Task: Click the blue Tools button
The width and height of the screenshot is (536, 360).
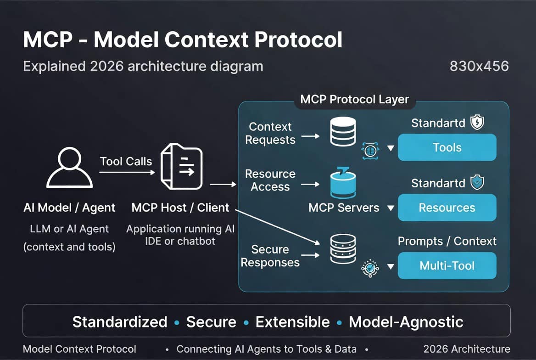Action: point(447,147)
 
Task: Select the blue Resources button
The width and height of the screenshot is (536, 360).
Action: point(447,208)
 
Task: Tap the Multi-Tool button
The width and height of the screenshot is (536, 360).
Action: point(447,265)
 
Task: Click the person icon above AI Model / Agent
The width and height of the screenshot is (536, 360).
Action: point(69,167)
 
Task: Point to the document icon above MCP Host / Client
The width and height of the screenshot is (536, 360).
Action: point(182,166)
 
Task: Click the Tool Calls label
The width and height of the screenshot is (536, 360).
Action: point(126,161)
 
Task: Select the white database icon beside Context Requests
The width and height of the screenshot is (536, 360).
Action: point(343,131)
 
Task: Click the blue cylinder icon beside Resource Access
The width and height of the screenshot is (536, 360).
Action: point(343,183)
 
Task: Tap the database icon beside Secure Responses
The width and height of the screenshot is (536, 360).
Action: point(343,249)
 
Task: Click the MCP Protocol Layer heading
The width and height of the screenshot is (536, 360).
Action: point(354,99)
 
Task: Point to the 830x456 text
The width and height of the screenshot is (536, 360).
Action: point(479,66)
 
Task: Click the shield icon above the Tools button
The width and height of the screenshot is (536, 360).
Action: point(477,122)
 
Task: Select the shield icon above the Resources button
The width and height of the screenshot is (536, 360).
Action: point(477,182)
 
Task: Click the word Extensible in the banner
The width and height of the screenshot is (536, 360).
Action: point(293,322)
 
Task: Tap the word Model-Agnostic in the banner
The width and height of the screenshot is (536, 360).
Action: point(406,322)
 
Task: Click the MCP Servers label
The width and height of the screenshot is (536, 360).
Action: point(344,208)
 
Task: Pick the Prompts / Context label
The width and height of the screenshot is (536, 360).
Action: point(447,241)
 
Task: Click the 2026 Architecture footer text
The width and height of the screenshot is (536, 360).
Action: point(467,349)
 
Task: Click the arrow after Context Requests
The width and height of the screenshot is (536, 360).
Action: point(310,136)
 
